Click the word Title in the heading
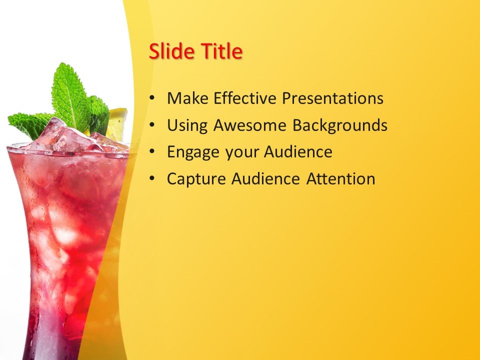[x=221, y=52]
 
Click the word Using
[x=187, y=125]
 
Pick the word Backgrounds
[x=340, y=125]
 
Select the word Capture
[x=196, y=179]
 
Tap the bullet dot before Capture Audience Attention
[x=152, y=179]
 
